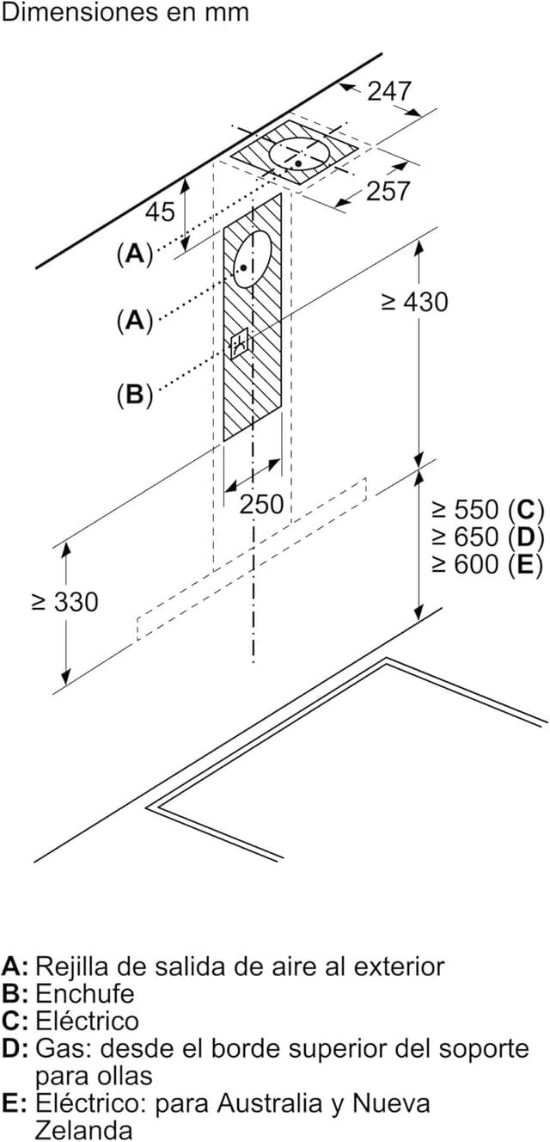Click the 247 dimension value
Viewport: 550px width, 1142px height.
tap(389, 90)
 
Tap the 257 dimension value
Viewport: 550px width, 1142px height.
tap(388, 190)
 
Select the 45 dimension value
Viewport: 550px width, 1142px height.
tap(159, 211)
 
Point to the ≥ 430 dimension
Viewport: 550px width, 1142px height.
tap(414, 302)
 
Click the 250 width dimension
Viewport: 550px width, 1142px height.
tap(261, 505)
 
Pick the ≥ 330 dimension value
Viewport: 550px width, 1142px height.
tap(64, 602)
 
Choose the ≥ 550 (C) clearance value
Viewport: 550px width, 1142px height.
tap(487, 509)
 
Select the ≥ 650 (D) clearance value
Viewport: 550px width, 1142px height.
tap(487, 537)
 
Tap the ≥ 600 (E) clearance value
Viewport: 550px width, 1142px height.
tap(487, 564)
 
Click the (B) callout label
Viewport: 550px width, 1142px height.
tap(133, 395)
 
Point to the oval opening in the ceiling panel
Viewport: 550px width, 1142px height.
tap(299, 155)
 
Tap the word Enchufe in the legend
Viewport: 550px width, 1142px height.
tap(85, 993)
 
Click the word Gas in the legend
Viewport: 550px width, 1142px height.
tap(59, 1048)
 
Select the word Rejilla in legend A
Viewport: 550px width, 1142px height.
tap(70, 966)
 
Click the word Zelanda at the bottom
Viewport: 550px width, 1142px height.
tap(83, 1129)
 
